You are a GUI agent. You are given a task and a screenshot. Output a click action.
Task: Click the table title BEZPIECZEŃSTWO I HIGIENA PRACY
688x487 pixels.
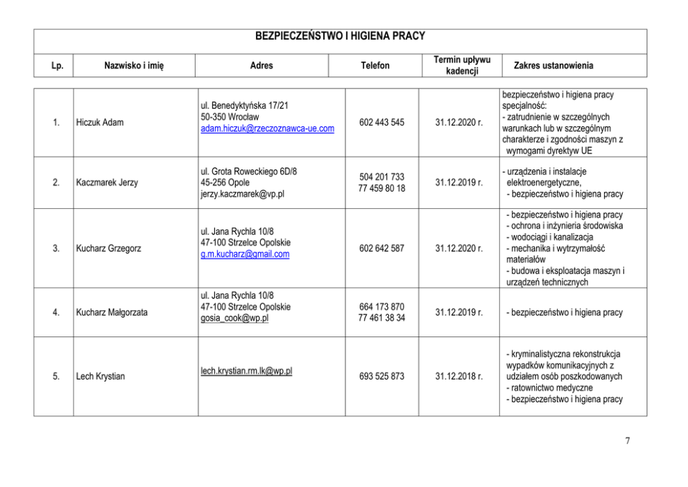pos(340,36)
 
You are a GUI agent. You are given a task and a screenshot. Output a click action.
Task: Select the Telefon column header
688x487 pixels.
pos(375,66)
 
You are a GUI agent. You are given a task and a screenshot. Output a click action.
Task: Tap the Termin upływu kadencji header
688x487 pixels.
pos(461,65)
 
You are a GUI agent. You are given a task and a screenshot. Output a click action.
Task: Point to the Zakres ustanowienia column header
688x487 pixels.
pos(553,66)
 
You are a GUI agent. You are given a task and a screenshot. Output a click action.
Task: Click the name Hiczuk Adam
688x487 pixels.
pos(100,123)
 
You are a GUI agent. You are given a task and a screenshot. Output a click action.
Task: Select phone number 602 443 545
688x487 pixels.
pos(381,123)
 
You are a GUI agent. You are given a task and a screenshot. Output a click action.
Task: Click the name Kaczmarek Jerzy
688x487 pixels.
pos(107,182)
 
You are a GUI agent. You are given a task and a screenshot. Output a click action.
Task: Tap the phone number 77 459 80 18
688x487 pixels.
pos(381,189)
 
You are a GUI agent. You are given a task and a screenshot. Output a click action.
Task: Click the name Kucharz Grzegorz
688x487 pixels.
pos(109,248)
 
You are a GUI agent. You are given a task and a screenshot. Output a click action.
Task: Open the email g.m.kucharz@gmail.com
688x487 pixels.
pos(245,255)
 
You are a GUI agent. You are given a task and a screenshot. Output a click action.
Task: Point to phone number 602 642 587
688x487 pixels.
pos(381,248)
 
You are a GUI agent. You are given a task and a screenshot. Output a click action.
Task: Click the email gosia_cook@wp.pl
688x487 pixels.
pos(234,318)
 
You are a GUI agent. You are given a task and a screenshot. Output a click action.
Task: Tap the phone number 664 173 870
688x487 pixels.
pos(381,307)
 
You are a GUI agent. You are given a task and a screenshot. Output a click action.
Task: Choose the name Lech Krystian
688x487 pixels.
pos(100,377)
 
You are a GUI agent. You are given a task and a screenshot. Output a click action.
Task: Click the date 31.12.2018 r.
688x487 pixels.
pos(459,377)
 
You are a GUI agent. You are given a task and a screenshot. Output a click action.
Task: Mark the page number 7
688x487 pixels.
pos(627,441)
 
